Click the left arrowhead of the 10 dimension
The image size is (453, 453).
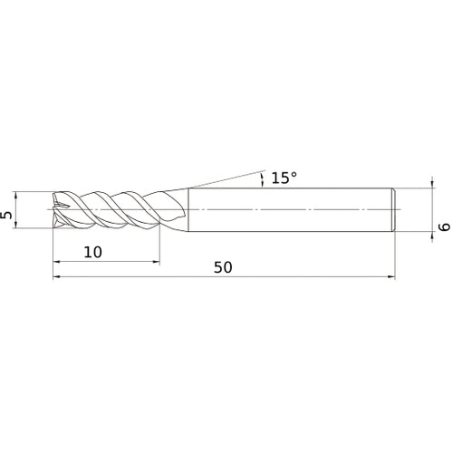pyautogui.click(x=57, y=263)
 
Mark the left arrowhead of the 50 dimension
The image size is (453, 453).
pyautogui.click(x=57, y=278)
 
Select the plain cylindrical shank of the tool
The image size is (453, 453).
pyautogui.click(x=290, y=209)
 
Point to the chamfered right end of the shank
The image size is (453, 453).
pyautogui.click(x=393, y=209)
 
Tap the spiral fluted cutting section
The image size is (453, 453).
pyautogui.click(x=109, y=209)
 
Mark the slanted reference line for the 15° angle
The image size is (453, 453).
pyautogui.click(x=226, y=178)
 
